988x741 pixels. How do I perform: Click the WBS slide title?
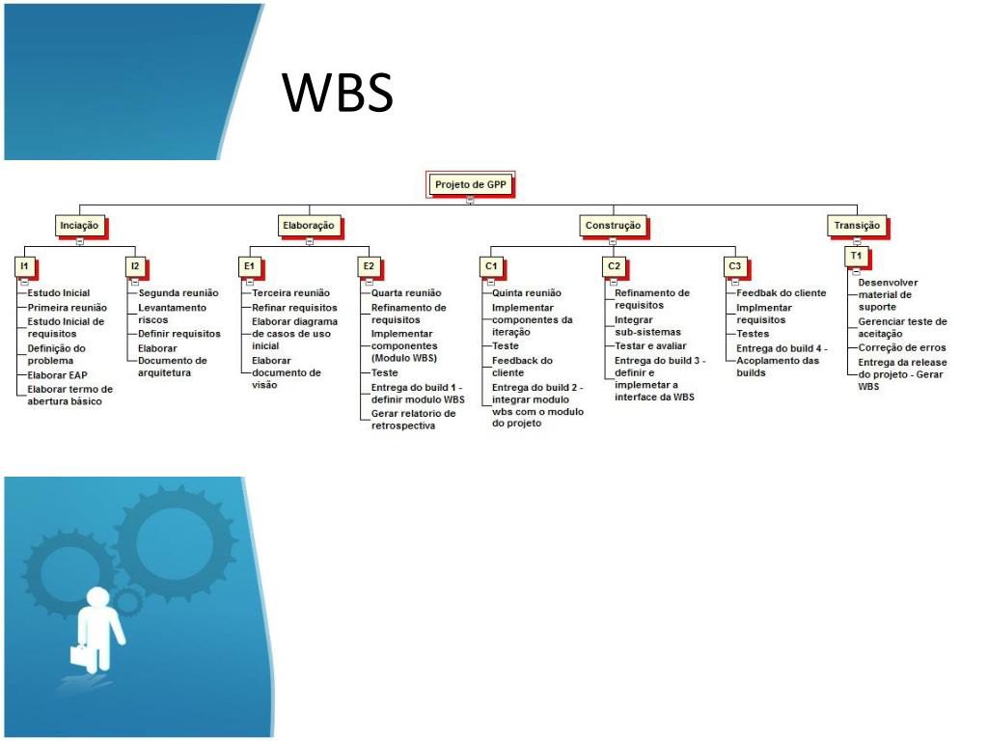pyautogui.click(x=338, y=93)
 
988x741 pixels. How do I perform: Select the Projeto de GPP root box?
pyautogui.click(x=470, y=183)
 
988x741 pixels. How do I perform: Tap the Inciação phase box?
pyautogui.click(x=79, y=225)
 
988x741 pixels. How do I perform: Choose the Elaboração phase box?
pyautogui.click(x=309, y=225)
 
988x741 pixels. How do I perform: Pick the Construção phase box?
pyautogui.click(x=613, y=225)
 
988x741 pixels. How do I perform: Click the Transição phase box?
pyautogui.click(x=856, y=225)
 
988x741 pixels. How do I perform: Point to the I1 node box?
pyautogui.click(x=23, y=265)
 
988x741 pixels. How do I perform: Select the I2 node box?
pyautogui.click(x=135, y=265)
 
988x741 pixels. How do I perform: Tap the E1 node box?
pyautogui.click(x=249, y=265)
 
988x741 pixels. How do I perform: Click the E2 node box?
pyautogui.click(x=369, y=265)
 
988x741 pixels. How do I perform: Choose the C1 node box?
pyautogui.click(x=491, y=265)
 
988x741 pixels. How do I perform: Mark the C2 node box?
pyautogui.click(x=614, y=265)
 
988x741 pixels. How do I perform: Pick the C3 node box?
pyautogui.click(x=735, y=265)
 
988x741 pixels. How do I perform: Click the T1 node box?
pyautogui.click(x=856, y=256)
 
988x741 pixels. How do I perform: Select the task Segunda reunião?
pyautogui.click(x=178, y=292)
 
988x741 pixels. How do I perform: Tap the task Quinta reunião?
pyautogui.click(x=527, y=292)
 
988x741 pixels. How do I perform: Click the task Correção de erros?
pyautogui.click(x=902, y=347)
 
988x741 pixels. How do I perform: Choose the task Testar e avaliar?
pyautogui.click(x=650, y=345)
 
